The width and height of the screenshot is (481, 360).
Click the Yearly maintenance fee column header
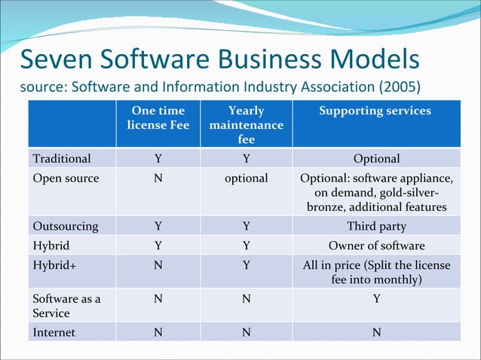[246, 125]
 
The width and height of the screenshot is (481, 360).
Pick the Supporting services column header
[375, 111]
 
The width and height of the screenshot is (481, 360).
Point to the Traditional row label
[62, 158]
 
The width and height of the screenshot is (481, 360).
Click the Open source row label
[66, 178]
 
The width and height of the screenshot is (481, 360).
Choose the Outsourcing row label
[66, 226]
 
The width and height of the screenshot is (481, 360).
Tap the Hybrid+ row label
[54, 265]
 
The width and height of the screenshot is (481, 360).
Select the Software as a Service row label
[66, 305]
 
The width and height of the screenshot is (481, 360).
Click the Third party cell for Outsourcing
[376, 226]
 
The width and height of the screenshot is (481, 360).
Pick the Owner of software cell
[376, 246]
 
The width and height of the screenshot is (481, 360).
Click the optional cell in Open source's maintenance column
[246, 178]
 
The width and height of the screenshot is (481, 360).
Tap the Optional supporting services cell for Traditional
[376, 158]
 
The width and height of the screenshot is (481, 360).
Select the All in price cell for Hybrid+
[376, 272]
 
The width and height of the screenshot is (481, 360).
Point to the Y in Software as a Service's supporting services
[376, 298]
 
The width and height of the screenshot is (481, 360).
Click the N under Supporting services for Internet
[376, 332]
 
